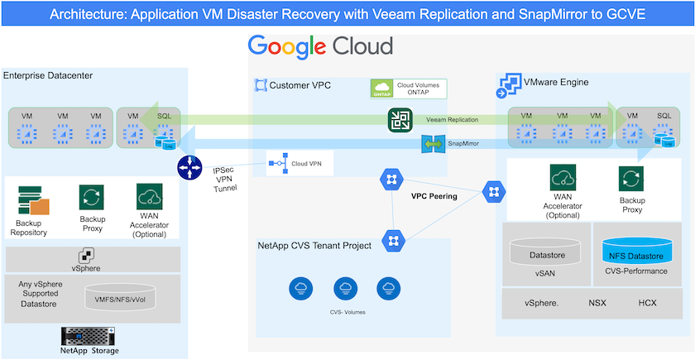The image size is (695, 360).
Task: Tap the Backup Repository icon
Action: [x=33, y=200]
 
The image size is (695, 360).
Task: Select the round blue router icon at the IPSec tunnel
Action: [x=189, y=167]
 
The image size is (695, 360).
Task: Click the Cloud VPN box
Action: [x=300, y=164]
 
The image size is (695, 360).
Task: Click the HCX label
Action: [x=646, y=302]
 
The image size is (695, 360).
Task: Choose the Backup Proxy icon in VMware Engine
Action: [x=631, y=179]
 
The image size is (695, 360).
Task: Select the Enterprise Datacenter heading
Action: [x=48, y=76]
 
